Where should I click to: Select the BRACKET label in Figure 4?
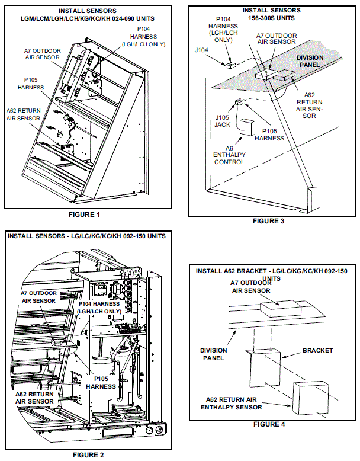pyautogui.click(x=317, y=350)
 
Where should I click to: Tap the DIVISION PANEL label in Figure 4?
pyautogui.click(x=212, y=354)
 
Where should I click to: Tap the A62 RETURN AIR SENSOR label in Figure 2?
pyautogui.click(x=35, y=397)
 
